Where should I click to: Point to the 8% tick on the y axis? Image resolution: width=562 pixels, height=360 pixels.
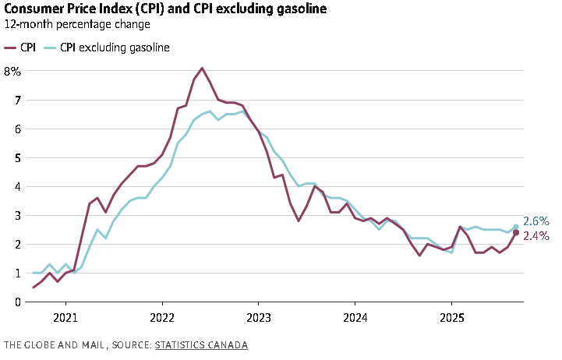point(12,71)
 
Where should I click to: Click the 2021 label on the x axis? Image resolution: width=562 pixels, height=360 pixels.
point(65,318)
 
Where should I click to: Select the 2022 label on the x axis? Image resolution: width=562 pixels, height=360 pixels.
point(162,318)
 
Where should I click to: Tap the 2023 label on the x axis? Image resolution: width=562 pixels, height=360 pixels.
point(258,318)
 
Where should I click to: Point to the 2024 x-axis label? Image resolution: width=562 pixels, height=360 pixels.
point(355,318)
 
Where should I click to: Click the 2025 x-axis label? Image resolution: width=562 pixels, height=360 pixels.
point(451,318)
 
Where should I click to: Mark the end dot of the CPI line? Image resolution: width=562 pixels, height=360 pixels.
point(516,232)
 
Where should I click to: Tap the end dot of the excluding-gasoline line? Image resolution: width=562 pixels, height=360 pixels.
point(516,227)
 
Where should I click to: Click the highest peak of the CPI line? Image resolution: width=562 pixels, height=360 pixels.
point(203,68)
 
